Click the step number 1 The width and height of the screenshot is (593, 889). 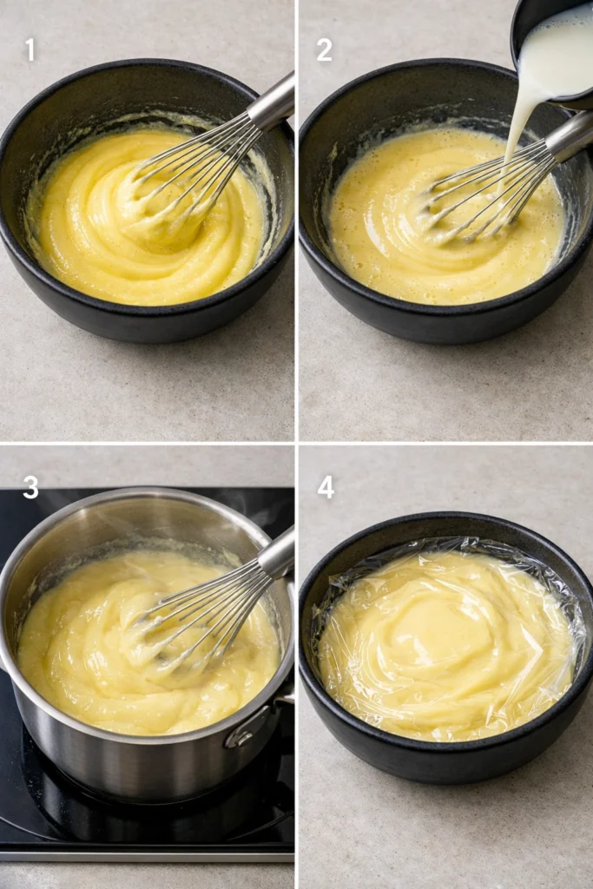(30, 49)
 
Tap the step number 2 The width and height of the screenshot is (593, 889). (324, 49)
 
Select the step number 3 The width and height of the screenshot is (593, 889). (30, 487)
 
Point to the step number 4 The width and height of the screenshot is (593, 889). (326, 487)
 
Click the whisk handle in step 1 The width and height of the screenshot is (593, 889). (272, 102)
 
